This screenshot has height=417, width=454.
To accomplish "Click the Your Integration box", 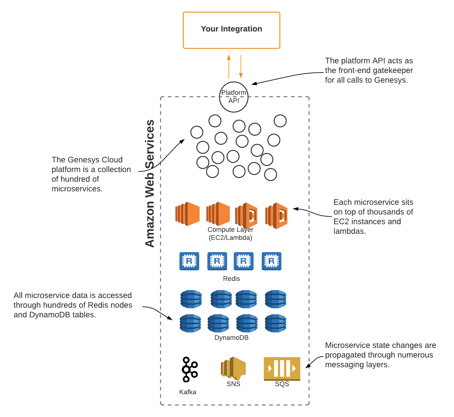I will (x=232, y=30).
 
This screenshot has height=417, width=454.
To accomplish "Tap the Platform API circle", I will (x=234, y=97).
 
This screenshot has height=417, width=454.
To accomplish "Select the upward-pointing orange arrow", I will (x=229, y=66).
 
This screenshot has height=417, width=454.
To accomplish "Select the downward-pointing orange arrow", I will (x=241, y=66).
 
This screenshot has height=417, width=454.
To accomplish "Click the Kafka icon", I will (x=189, y=369).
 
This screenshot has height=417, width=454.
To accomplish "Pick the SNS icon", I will (x=233, y=368).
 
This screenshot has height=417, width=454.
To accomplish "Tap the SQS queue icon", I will (x=282, y=368).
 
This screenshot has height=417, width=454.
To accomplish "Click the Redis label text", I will (x=232, y=279).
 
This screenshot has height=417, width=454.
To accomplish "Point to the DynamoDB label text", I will (x=232, y=338).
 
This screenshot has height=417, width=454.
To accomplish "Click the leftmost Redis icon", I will (x=189, y=261).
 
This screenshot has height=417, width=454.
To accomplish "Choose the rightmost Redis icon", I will (x=271, y=261).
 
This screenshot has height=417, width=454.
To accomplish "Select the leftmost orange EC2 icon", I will (x=187, y=214).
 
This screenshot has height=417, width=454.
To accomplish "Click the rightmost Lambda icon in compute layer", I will (x=277, y=215).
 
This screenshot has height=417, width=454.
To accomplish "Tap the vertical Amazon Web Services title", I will (x=150, y=183).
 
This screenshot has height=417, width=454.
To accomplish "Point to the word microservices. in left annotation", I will (x=77, y=189).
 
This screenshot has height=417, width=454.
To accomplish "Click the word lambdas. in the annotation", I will (x=350, y=231).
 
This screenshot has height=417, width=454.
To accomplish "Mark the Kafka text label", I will (x=187, y=392).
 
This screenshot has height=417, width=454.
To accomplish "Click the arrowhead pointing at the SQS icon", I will (x=307, y=367).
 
